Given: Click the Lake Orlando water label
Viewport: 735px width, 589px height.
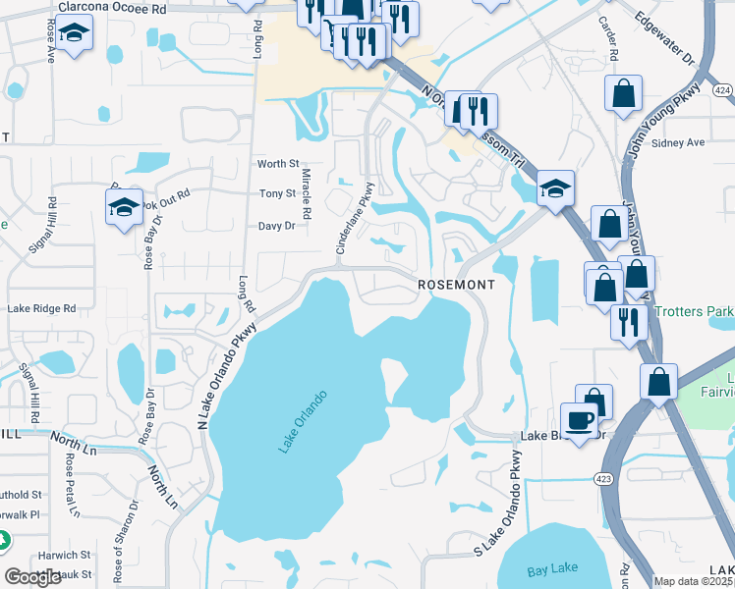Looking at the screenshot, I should [302, 421].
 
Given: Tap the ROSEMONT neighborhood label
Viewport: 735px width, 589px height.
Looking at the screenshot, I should [453, 284].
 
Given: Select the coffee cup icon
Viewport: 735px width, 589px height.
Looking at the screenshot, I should [579, 419].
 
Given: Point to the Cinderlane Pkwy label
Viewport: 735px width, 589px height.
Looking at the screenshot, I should [355, 219].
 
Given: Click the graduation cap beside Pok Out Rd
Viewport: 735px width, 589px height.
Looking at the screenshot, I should [124, 207].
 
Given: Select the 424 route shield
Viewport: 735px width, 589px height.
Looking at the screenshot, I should [723, 90].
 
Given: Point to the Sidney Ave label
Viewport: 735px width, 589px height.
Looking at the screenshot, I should [678, 142].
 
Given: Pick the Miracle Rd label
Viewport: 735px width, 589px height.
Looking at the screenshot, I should [307, 193].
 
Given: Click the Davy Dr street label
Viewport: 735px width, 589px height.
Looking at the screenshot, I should [276, 226].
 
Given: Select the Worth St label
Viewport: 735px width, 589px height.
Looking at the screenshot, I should [277, 164].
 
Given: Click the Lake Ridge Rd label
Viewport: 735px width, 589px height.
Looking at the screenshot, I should [41, 308].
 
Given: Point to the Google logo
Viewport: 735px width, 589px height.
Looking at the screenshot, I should [33, 577].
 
